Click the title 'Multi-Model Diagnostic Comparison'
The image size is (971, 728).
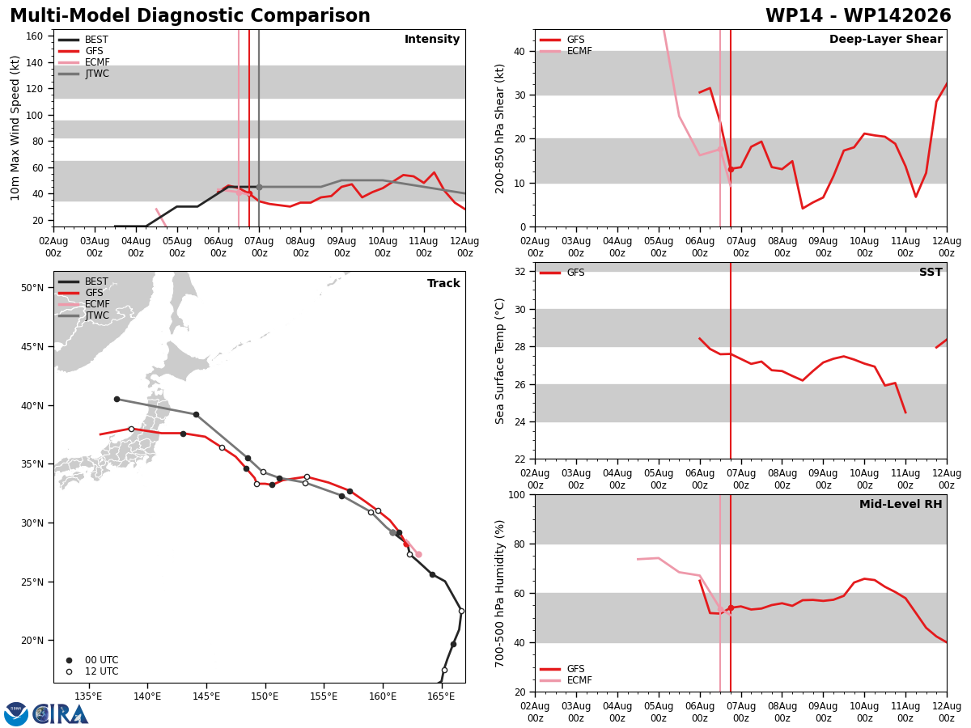coord(190,15)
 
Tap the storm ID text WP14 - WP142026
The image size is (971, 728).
coord(858,15)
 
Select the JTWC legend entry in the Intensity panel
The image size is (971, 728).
coord(83,74)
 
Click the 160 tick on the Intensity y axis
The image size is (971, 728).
coord(35,36)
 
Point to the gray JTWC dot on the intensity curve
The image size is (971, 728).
coord(259,188)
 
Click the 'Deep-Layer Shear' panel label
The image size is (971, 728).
coord(885,39)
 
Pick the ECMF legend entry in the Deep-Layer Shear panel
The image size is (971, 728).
coord(566,51)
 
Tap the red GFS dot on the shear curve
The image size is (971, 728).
coord(731,169)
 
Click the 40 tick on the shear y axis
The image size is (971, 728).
coord(519,51)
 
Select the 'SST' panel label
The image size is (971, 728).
coord(931,272)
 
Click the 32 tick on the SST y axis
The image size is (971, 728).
coord(519,272)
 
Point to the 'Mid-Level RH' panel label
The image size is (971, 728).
coord(901,504)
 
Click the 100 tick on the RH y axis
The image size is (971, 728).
coord(517,494)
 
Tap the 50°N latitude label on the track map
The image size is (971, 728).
coord(32,288)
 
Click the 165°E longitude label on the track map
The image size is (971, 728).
coord(441,696)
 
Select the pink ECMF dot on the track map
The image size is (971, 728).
coord(418,554)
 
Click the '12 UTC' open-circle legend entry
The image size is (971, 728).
coord(92,671)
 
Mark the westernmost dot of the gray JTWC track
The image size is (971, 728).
coord(117,399)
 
